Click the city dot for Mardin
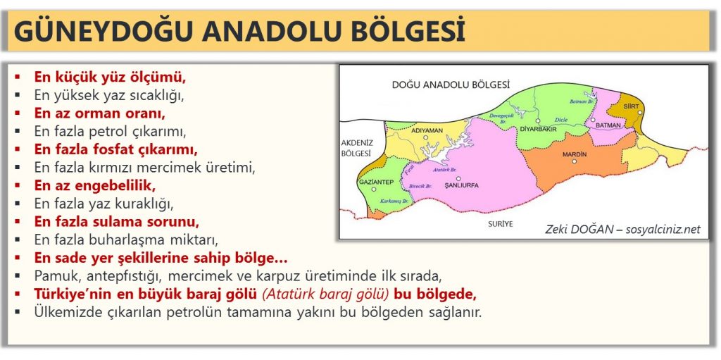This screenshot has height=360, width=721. (x=574, y=161)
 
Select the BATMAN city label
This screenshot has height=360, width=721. (x=608, y=125)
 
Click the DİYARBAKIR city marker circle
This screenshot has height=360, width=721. (x=537, y=121)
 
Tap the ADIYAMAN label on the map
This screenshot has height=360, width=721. (x=427, y=130)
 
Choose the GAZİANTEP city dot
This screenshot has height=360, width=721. (x=374, y=190)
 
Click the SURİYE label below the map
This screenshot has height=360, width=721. (x=501, y=224)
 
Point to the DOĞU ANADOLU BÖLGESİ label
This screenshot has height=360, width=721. (x=451, y=85)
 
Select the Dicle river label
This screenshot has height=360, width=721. (x=561, y=120)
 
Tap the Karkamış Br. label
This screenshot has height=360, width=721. (x=395, y=201)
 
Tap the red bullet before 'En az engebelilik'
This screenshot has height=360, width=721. (x=18, y=186)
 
